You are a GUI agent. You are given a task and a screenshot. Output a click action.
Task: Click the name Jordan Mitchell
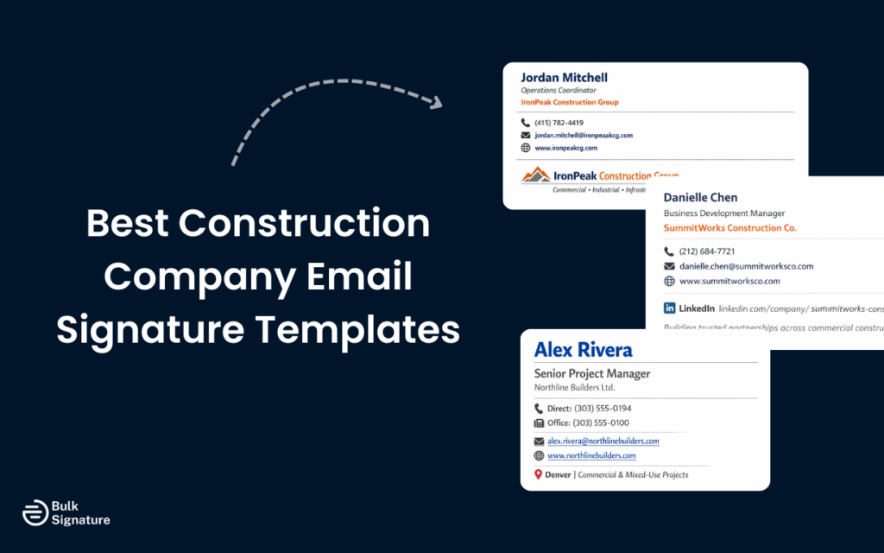tap(564, 78)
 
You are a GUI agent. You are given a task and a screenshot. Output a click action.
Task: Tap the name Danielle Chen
tap(700, 197)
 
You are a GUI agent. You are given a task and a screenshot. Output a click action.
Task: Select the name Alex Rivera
tap(583, 349)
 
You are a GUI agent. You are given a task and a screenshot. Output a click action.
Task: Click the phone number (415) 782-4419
tap(559, 123)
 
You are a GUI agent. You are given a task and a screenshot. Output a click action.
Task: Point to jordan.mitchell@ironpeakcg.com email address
tap(584, 136)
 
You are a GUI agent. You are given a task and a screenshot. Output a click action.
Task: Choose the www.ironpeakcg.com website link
tap(565, 148)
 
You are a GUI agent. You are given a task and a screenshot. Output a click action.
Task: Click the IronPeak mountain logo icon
tap(535, 175)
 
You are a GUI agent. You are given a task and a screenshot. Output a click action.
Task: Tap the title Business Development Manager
tap(723, 213)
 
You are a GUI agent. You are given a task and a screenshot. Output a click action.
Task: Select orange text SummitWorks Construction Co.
tap(729, 228)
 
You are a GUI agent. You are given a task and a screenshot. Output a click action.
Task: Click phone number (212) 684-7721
tap(707, 251)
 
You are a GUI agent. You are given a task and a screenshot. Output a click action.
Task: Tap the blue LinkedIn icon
tap(669, 308)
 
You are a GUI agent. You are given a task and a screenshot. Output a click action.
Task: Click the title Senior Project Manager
tap(591, 373)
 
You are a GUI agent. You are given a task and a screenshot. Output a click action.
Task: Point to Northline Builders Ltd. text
tap(574, 388)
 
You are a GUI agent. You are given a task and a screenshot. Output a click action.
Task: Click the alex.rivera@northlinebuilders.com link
tap(603, 441)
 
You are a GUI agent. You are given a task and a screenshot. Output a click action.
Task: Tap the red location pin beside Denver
tap(538, 474)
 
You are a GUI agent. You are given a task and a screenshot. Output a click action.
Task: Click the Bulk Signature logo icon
tap(34, 512)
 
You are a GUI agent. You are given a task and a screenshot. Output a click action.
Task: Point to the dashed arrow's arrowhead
tap(436, 103)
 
